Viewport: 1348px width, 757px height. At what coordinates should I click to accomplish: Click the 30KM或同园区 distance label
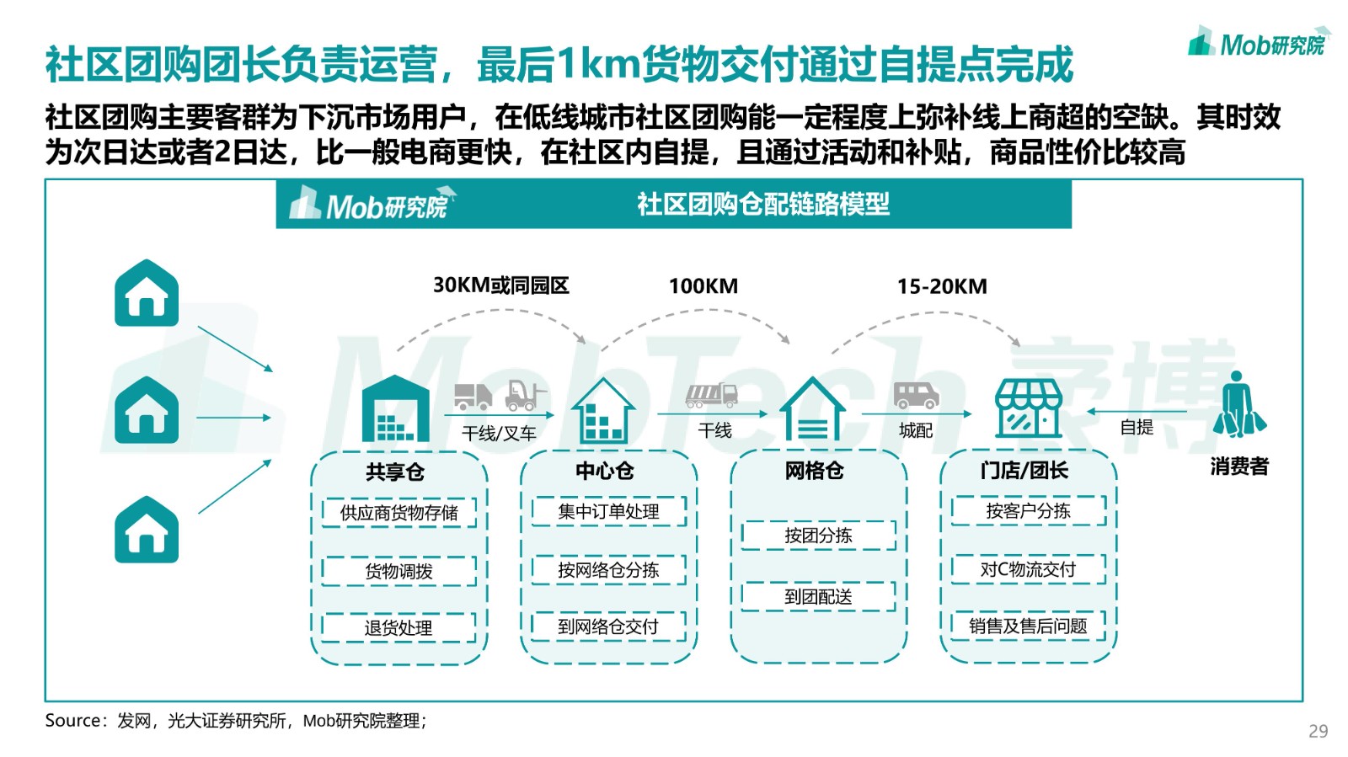(500, 285)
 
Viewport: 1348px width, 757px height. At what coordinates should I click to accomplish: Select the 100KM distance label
(703, 285)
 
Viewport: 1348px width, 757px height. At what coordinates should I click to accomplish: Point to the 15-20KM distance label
(942, 286)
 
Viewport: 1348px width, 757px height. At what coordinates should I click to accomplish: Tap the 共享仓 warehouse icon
(395, 408)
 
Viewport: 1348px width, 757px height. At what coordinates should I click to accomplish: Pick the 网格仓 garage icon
(812, 409)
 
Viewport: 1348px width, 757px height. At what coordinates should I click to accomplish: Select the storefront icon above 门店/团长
(1028, 408)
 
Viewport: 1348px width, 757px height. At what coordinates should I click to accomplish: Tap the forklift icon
(526, 394)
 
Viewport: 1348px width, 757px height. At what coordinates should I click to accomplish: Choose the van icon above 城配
(916, 395)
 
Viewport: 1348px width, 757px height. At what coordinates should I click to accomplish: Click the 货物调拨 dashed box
(399, 571)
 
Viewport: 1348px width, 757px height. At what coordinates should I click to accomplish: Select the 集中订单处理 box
(608, 512)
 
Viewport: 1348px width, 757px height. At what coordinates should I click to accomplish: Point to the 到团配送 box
(818, 596)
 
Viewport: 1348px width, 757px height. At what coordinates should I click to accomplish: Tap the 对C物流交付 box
(1028, 568)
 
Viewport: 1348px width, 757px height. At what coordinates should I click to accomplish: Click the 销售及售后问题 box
(1028, 626)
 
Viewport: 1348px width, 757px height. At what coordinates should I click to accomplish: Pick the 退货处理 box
(399, 628)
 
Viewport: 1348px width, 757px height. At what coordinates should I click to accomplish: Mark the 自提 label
(1137, 428)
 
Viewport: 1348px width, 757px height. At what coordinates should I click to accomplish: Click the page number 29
(1318, 731)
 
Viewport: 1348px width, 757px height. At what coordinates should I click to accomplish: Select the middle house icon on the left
(147, 410)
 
